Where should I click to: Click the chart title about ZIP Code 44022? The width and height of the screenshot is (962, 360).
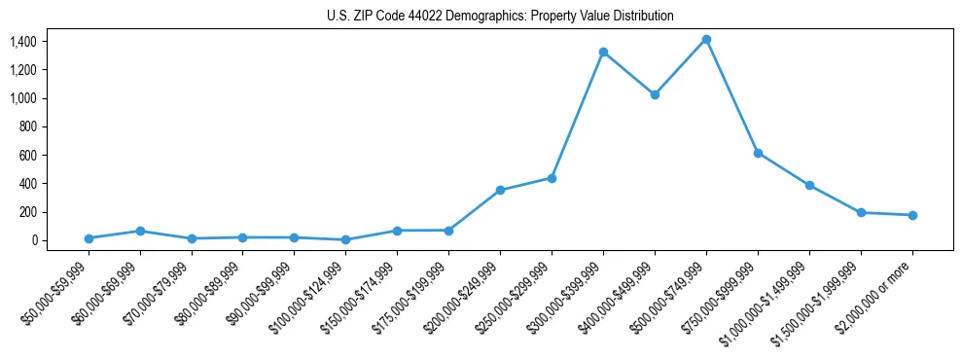click(500, 17)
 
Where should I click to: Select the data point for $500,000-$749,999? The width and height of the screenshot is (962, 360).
click(706, 39)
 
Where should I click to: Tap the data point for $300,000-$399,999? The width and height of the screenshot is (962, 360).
click(603, 52)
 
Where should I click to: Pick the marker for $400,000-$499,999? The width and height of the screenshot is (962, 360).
click(655, 94)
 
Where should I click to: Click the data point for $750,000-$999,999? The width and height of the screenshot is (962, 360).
click(758, 153)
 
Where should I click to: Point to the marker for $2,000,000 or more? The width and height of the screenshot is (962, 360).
click(912, 215)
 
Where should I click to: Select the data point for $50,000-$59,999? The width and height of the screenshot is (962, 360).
click(89, 238)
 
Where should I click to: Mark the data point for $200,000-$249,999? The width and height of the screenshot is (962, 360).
click(500, 190)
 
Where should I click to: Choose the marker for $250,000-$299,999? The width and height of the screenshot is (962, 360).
click(552, 178)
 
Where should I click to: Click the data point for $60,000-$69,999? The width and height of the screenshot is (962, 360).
click(140, 231)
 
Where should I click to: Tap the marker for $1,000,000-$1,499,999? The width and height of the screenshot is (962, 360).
click(809, 185)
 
